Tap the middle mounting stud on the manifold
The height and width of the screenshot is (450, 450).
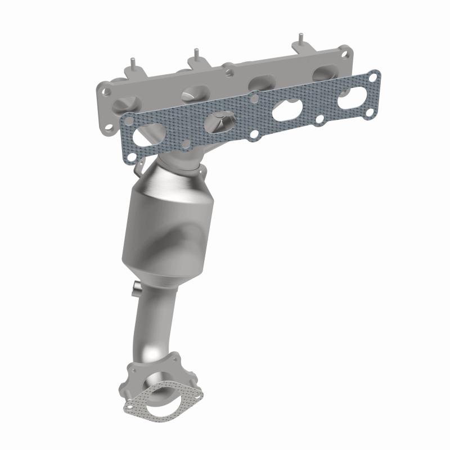196,55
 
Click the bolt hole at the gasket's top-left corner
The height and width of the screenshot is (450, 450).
129,120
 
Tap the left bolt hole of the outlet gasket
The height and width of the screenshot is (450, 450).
130,404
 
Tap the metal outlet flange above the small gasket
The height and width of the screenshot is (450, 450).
157,368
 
